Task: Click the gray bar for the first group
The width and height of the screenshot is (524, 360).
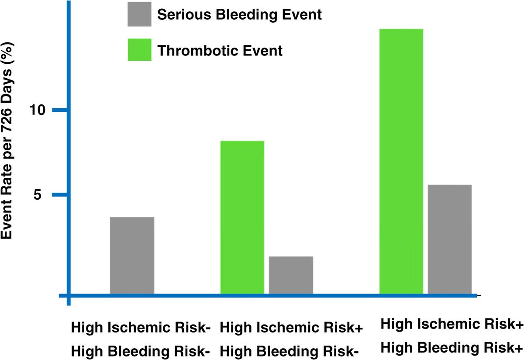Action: point(132,255)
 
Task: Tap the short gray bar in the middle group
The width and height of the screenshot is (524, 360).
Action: point(291,275)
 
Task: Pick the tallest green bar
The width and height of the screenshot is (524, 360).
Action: point(401,161)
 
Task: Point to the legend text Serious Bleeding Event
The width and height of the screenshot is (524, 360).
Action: point(239,15)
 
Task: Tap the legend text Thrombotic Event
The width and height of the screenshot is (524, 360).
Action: point(220,51)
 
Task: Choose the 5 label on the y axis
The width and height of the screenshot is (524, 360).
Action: point(38,194)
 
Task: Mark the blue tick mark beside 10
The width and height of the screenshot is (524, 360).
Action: point(59,110)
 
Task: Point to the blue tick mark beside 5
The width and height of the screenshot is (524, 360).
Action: point(59,195)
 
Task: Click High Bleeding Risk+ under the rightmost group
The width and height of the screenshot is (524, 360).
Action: point(452,348)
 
